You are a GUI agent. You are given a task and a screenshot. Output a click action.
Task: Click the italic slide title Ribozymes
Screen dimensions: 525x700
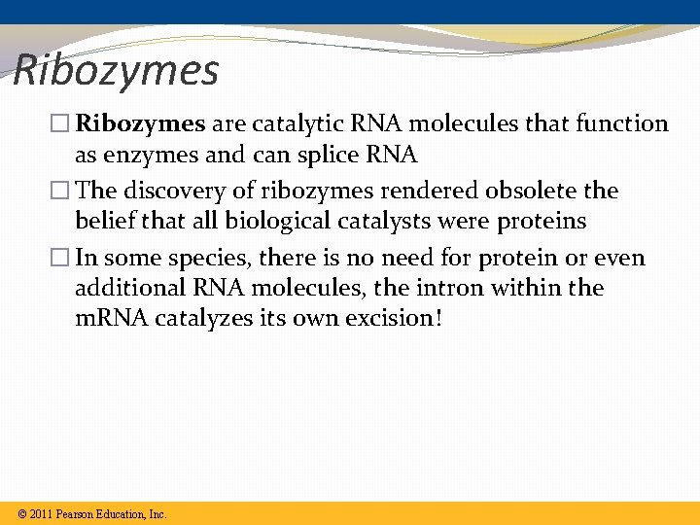pyautogui.click(x=117, y=70)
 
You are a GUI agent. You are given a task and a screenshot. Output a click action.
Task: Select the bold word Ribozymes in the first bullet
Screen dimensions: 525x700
pyautogui.click(x=140, y=123)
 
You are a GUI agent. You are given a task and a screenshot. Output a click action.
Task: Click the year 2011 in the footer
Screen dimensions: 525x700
pyautogui.click(x=40, y=513)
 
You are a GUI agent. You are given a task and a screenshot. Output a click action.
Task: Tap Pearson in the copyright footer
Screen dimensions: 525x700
pyautogui.click(x=77, y=513)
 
